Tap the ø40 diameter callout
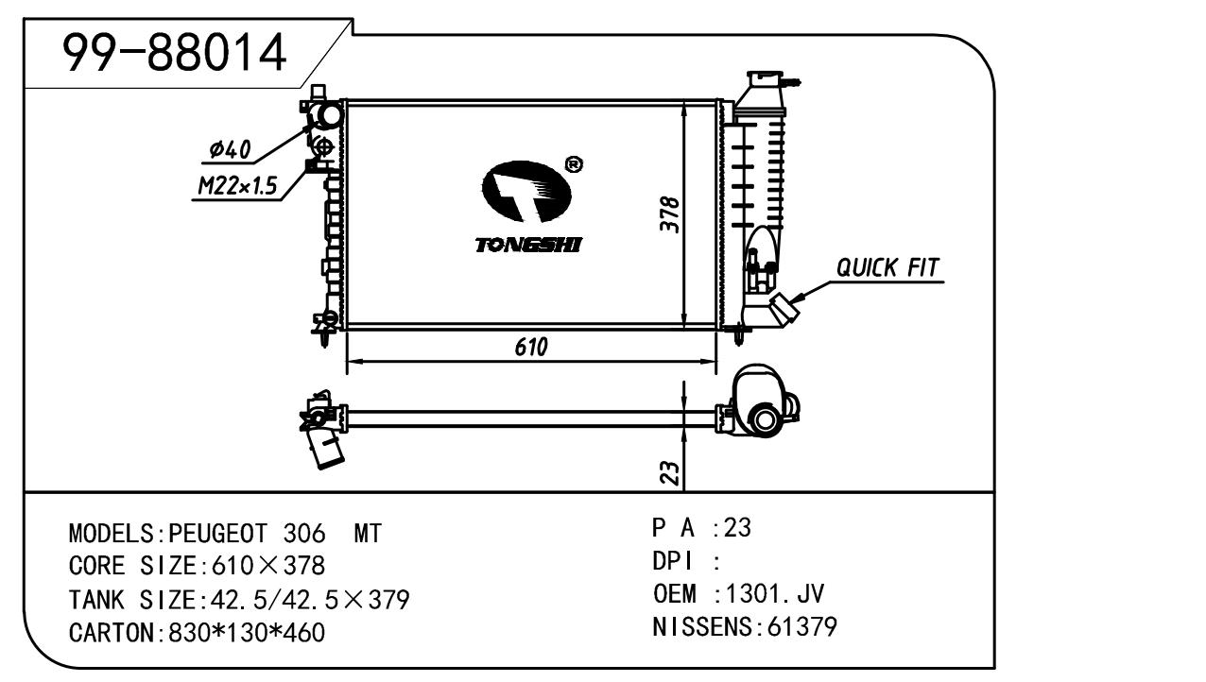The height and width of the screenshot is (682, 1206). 229,149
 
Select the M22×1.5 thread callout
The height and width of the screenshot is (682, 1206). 236,187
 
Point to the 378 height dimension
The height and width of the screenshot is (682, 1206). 667,216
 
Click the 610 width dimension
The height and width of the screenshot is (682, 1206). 531,347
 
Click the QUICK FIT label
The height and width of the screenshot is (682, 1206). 888,268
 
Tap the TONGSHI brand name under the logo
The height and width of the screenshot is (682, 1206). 528,246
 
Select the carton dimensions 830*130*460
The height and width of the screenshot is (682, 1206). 246,632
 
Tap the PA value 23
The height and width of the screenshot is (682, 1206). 737,528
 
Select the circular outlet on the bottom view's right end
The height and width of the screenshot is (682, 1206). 766,418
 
